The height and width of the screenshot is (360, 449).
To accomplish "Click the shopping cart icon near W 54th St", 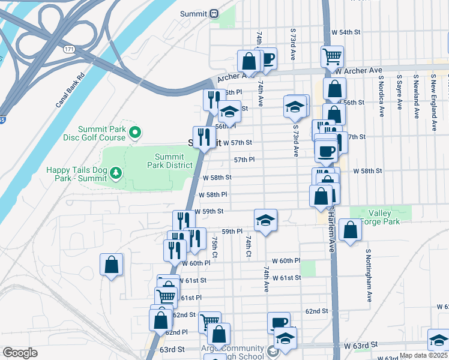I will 332,57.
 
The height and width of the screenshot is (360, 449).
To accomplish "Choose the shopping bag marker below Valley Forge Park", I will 350,230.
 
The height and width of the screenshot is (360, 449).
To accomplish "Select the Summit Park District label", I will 170,161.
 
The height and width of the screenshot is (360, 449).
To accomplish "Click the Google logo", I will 20,353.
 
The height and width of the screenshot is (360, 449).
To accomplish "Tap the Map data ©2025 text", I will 423,355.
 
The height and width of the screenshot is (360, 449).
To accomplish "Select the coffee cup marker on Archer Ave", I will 266,59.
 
